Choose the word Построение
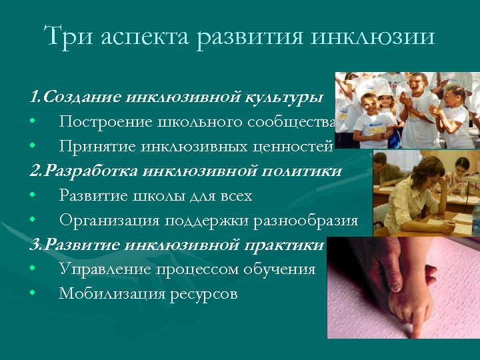101,122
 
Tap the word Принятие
93,147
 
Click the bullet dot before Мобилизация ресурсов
32,293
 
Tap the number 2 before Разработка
33,171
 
